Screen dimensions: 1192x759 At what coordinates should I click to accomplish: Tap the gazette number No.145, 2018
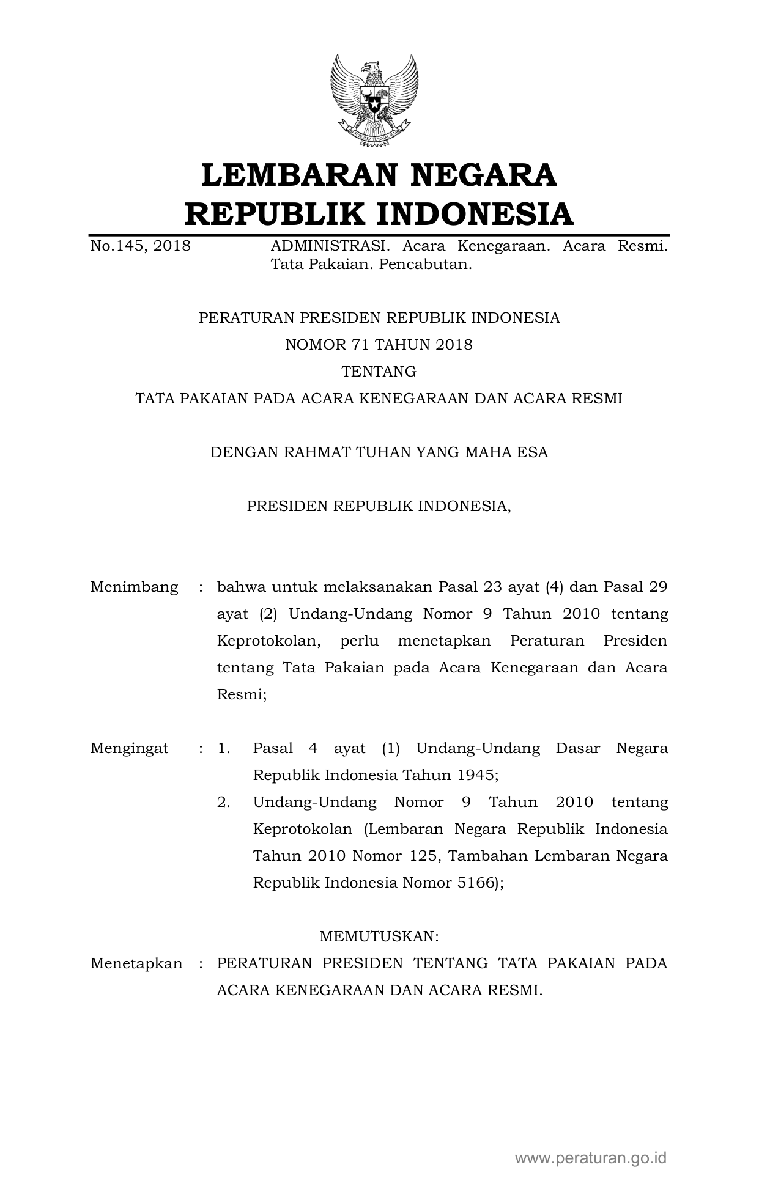(140, 246)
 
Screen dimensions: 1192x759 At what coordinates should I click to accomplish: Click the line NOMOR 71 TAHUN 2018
(379, 345)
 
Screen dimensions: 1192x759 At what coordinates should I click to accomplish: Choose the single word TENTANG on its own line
(379, 372)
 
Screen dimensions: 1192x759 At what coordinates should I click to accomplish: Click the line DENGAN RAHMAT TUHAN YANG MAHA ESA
(379, 452)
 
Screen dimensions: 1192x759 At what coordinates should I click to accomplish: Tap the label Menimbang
(135, 587)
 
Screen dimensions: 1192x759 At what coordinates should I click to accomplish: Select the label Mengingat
(130, 749)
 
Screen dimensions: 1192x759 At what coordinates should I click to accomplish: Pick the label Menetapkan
(136, 964)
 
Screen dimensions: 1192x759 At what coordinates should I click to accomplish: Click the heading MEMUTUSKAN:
(379, 937)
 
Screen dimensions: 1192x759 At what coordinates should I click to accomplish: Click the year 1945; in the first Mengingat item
(478, 776)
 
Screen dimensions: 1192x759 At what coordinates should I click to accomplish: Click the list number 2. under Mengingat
(224, 803)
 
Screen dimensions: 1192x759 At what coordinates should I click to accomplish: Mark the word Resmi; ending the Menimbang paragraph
(242, 695)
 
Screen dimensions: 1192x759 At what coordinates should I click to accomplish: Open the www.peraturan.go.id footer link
(590, 1158)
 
